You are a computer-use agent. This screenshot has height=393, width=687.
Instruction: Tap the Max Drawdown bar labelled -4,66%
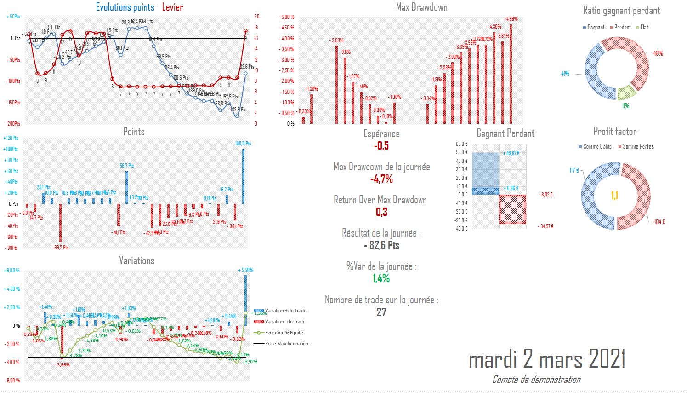511,74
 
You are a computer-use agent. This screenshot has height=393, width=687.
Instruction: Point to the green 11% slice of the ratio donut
625,93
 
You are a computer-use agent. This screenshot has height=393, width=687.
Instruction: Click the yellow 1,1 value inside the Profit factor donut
615,196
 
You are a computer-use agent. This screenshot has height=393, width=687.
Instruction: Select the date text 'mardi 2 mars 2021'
547,359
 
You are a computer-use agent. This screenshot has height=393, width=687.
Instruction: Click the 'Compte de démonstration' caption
536,380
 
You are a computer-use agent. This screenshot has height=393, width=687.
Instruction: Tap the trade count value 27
381,312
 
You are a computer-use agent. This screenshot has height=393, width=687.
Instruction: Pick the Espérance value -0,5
381,146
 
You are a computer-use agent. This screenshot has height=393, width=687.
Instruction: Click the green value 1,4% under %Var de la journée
381,278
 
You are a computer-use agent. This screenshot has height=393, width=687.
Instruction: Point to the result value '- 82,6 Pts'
381,245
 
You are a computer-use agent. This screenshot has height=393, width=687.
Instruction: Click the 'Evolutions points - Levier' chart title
139,7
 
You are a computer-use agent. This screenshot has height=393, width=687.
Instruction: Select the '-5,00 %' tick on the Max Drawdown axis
287,17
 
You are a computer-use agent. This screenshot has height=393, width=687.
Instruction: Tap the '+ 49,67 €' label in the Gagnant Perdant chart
511,153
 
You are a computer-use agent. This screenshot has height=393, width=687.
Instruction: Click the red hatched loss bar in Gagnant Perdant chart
512,209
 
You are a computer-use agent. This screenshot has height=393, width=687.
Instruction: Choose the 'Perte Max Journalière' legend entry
287,344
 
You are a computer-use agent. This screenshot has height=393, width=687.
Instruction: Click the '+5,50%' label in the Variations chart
246,270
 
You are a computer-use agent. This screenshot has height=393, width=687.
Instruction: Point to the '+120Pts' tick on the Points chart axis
11,138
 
